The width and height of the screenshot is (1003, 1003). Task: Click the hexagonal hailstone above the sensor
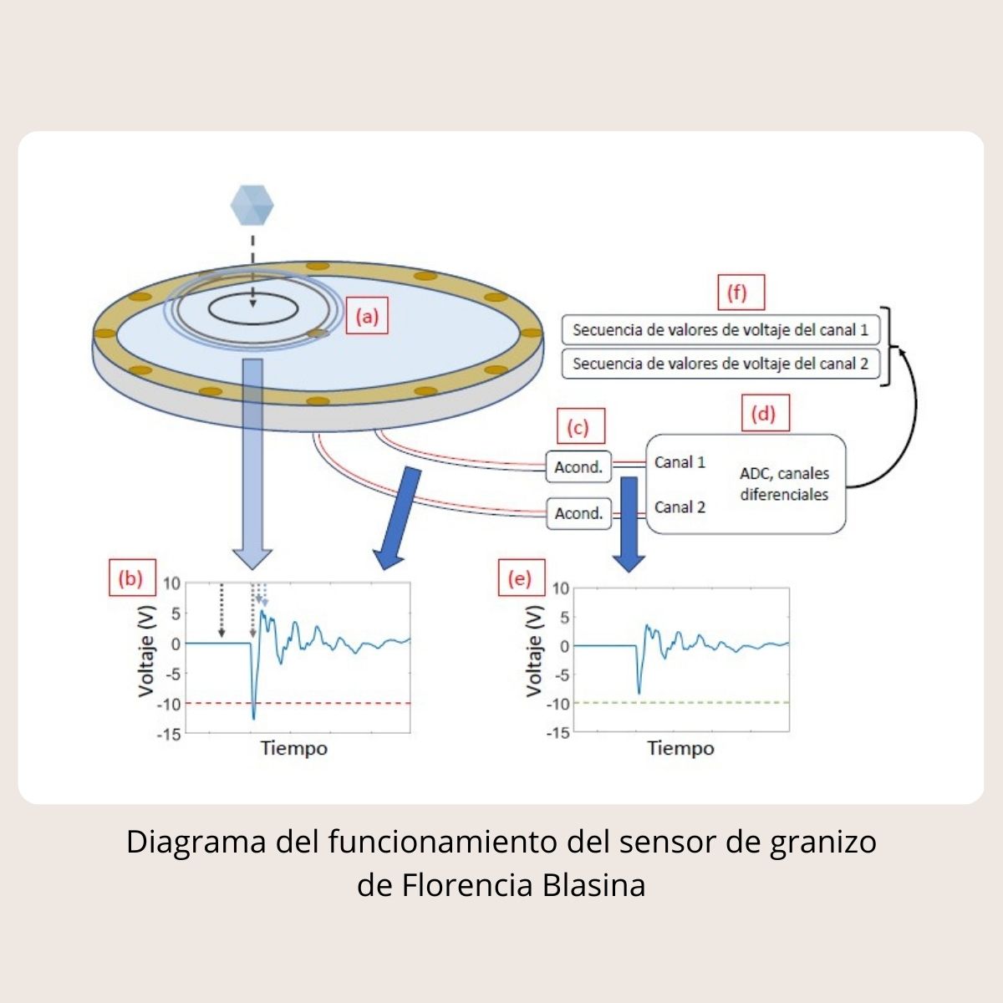pyautogui.click(x=252, y=204)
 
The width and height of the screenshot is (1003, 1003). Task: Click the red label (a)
pyautogui.click(x=367, y=317)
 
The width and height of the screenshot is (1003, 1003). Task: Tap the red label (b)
pyautogui.click(x=131, y=578)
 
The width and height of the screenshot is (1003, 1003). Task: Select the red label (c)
pyautogui.click(x=578, y=428)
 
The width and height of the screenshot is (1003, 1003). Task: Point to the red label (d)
pyautogui.click(x=763, y=414)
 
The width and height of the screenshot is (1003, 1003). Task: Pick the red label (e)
pyautogui.click(x=520, y=578)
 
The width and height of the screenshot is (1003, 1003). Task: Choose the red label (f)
pyautogui.click(x=736, y=293)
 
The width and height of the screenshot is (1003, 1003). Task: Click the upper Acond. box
pyautogui.click(x=578, y=467)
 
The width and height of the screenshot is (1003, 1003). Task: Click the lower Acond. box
pyautogui.click(x=578, y=513)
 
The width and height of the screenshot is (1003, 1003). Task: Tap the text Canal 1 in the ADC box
pyautogui.click(x=680, y=462)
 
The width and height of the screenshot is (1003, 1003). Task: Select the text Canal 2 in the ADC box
pyautogui.click(x=680, y=507)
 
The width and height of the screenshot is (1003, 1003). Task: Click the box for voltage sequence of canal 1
pyautogui.click(x=720, y=330)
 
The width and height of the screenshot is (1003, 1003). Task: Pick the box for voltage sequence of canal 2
pyautogui.click(x=720, y=364)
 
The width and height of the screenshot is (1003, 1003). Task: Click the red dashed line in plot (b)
pyautogui.click(x=334, y=703)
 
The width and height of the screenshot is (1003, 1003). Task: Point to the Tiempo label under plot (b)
pyautogui.click(x=293, y=748)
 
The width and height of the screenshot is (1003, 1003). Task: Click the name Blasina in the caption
pyautogui.click(x=594, y=885)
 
